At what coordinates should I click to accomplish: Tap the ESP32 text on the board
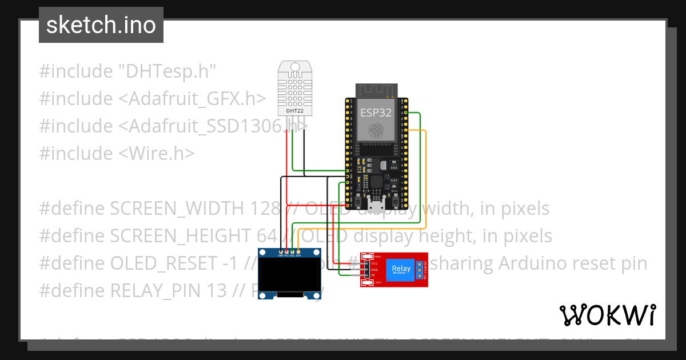pyautogui.click(x=376, y=113)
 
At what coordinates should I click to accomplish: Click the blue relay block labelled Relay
pyautogui.click(x=401, y=269)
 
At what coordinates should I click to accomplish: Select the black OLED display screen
pyautogui.click(x=289, y=275)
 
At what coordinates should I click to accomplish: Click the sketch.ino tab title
pyautogui.click(x=101, y=25)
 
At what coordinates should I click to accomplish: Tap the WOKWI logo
pyautogui.click(x=607, y=315)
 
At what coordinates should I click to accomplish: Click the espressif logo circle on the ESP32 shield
pyautogui.click(x=376, y=131)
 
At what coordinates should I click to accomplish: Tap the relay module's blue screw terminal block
pyautogui.click(x=420, y=269)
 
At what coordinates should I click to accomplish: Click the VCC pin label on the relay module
pyautogui.click(x=375, y=263)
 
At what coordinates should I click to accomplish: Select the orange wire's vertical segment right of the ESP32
pyautogui.click(x=426, y=177)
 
